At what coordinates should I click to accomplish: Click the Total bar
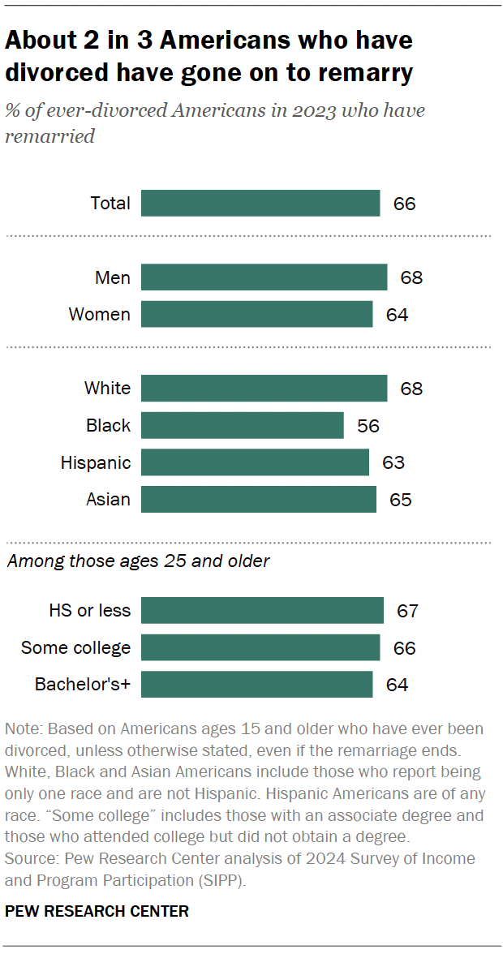[260, 203]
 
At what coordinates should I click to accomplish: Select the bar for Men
[264, 277]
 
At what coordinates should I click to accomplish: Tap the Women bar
[256, 314]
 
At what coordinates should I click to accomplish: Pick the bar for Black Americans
[242, 425]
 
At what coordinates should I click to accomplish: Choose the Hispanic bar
[255, 462]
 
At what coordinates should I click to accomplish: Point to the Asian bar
[258, 499]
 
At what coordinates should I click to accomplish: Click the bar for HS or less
[262, 610]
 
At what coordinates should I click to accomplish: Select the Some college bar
[260, 647]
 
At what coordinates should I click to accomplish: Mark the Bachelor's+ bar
[256, 685]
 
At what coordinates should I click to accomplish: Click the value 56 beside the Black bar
[368, 425]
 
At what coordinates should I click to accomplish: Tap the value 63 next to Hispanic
[393, 462]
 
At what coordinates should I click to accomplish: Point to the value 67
[408, 610]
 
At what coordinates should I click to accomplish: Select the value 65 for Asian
[401, 499]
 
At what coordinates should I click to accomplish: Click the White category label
[107, 388]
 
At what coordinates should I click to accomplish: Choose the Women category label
[99, 314]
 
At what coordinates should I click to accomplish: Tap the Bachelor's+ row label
[82, 685]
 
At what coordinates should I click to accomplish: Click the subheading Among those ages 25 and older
[138, 561]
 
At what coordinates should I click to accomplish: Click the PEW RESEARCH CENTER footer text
[97, 911]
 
